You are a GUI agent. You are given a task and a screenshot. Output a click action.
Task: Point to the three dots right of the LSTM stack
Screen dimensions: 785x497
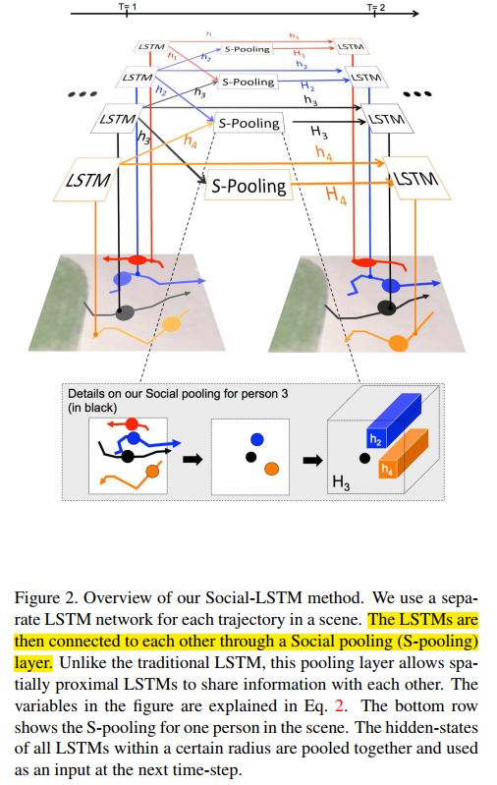418,95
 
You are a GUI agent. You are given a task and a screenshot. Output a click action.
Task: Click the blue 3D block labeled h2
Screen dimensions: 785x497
391,423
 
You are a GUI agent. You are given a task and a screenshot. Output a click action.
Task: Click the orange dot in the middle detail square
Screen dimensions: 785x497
269,469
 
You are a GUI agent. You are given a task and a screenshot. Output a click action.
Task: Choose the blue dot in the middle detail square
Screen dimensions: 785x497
256,439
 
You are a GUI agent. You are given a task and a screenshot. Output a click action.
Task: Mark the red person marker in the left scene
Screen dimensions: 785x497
138,260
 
